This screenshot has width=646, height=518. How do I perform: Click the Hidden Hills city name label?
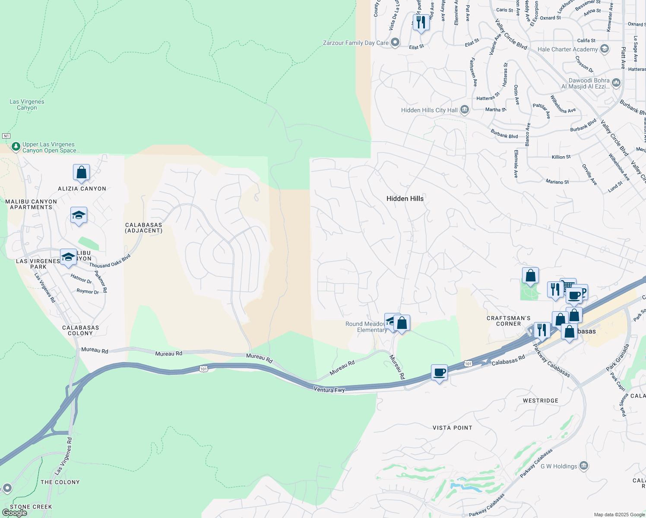(x=405, y=199)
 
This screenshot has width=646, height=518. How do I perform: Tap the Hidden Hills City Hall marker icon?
(x=465, y=110)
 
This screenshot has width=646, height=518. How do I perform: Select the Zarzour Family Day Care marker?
(x=395, y=42)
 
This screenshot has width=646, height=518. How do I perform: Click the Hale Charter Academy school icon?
(x=605, y=49)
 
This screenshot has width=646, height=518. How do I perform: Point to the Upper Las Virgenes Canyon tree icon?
(x=16, y=147)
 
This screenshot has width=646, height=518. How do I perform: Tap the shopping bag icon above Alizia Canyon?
(x=81, y=173)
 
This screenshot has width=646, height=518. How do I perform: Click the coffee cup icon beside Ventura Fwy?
(x=440, y=373)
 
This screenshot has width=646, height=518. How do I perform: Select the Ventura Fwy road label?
(x=329, y=390)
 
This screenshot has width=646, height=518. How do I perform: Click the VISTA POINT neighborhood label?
(x=452, y=428)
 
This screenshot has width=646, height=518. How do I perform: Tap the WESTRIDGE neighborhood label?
(x=540, y=401)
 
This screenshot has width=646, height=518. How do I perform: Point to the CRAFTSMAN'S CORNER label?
(x=508, y=321)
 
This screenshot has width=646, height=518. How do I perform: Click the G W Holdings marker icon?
(x=584, y=466)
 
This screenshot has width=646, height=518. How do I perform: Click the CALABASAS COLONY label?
(x=80, y=330)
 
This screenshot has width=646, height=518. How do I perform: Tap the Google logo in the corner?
(x=14, y=513)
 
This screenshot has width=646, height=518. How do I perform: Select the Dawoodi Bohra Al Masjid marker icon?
(x=616, y=82)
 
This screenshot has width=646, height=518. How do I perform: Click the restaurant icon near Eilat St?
(x=421, y=22)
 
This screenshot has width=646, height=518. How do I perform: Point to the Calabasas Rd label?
(x=509, y=360)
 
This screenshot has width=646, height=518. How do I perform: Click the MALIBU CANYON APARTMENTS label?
(x=31, y=204)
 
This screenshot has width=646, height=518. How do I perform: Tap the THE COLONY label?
(x=60, y=482)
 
